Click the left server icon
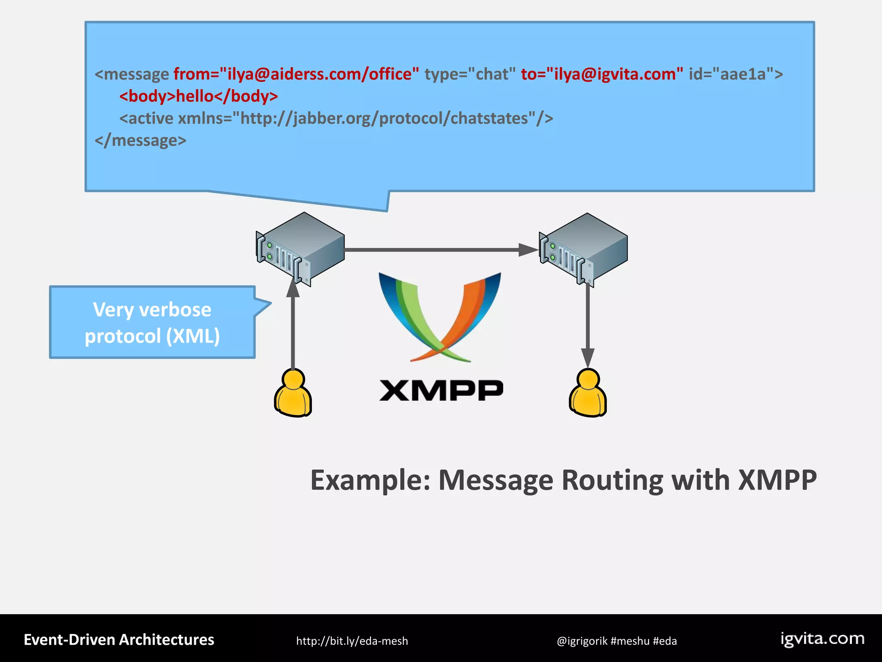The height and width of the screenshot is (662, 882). click(300, 249)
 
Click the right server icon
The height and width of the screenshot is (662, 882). click(583, 250)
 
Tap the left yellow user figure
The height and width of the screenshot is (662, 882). click(293, 393)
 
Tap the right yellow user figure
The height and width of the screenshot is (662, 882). click(588, 393)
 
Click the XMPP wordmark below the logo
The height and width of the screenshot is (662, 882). click(441, 390)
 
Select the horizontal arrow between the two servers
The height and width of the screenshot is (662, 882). click(439, 250)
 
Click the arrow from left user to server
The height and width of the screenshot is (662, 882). click(293, 328)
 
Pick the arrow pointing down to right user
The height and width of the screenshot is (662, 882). click(588, 328)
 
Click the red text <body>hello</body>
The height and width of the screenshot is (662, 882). click(199, 96)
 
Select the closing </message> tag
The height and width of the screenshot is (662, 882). click(140, 141)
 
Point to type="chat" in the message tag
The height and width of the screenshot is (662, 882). click(470, 74)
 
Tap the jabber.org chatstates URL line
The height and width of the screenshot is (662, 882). click(336, 118)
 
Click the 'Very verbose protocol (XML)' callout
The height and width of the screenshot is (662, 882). click(152, 322)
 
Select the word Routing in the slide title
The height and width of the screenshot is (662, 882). click(612, 480)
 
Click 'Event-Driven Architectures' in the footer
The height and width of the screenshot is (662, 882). click(119, 640)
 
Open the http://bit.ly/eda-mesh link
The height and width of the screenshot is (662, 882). click(352, 641)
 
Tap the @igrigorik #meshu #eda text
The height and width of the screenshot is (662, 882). click(616, 641)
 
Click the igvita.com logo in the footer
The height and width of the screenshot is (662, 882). click(822, 639)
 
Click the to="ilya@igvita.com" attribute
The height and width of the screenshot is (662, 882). click(602, 74)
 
